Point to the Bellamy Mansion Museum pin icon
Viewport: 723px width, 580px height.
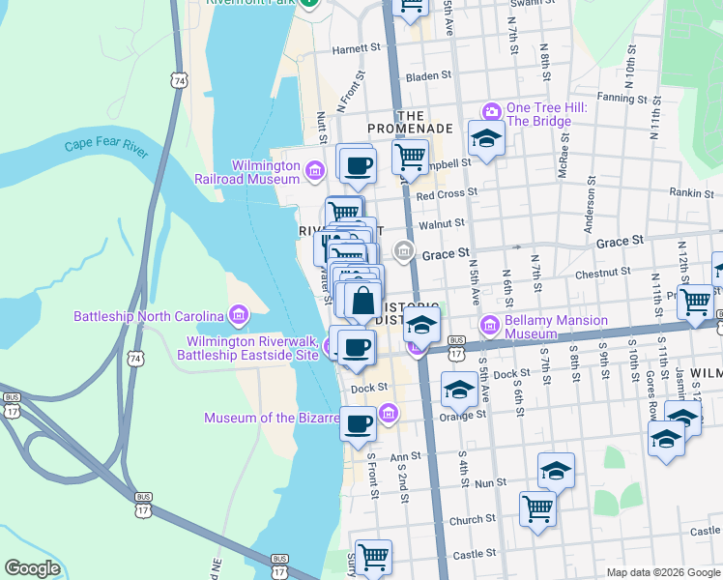point(489,327)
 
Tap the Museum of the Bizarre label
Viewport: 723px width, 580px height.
point(271,418)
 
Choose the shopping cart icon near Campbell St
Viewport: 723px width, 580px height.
point(411,156)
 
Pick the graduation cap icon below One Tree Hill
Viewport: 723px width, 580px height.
point(486,139)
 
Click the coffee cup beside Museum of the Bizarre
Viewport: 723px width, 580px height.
point(359,422)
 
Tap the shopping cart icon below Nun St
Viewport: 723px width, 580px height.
point(537,507)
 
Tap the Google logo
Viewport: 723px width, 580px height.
point(33,568)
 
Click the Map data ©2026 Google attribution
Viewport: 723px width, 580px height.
point(664,572)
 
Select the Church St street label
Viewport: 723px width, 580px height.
point(473,520)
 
